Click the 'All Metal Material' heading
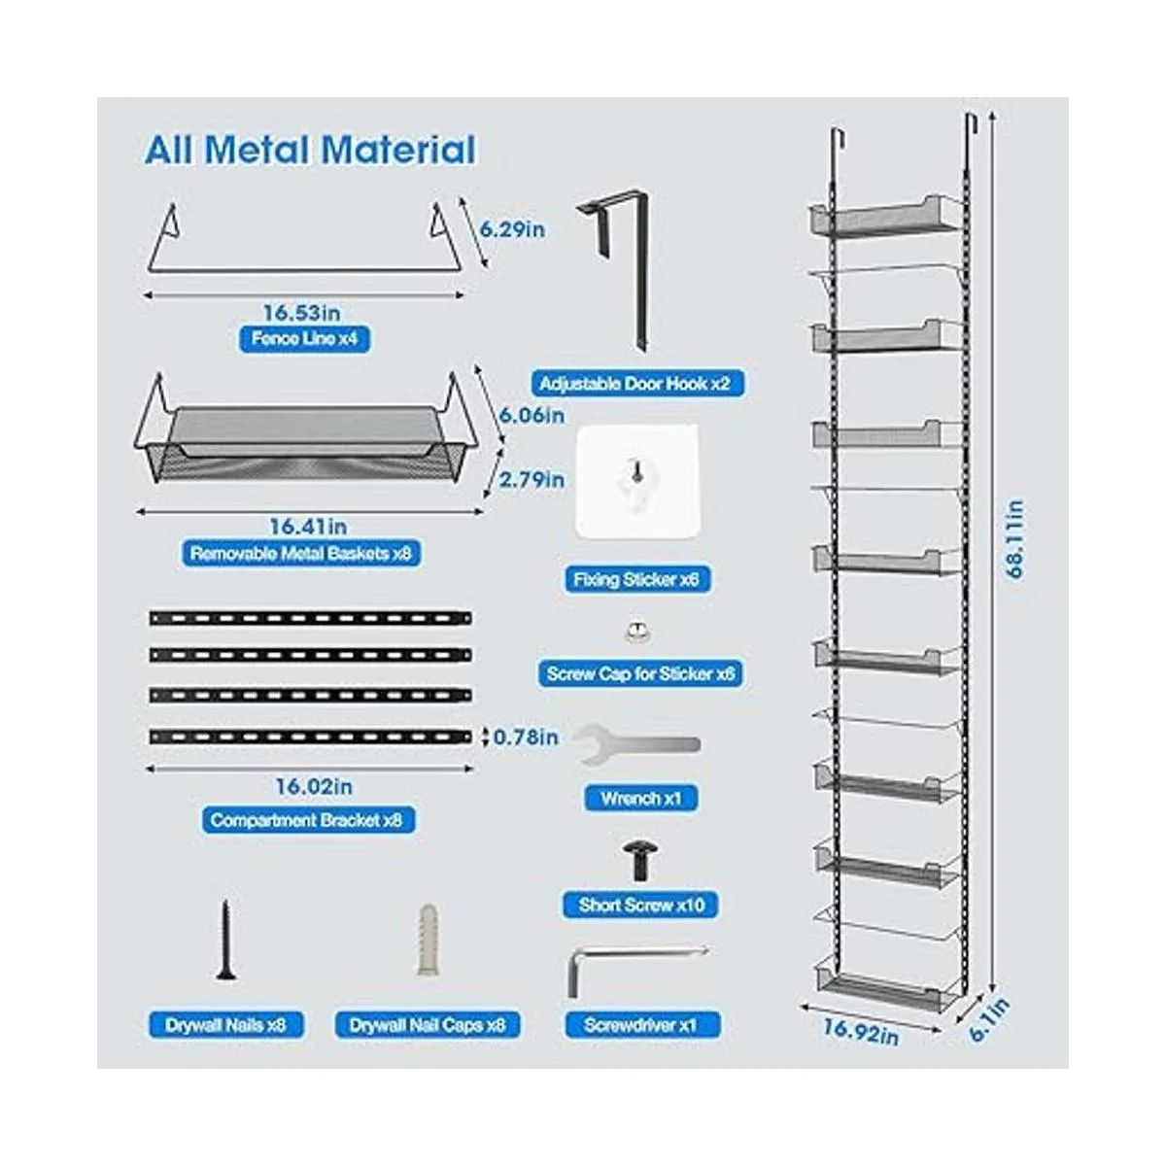point(310,151)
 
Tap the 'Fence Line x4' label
point(304,339)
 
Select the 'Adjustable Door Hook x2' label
point(634,384)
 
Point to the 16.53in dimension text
point(301,313)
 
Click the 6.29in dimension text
point(512,229)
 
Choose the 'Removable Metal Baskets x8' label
point(301,554)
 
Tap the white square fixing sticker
point(637,483)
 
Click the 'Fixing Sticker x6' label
point(636,580)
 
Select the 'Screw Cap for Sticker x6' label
point(640,673)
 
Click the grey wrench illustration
point(635,746)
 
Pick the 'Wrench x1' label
point(641,799)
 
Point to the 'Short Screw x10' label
point(641,906)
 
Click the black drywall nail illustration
point(225,940)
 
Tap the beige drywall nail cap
point(428,940)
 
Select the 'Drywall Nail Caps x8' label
point(428,1025)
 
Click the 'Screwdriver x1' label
point(641,1025)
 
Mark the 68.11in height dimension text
point(1015,539)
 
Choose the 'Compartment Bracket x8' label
point(306,820)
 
